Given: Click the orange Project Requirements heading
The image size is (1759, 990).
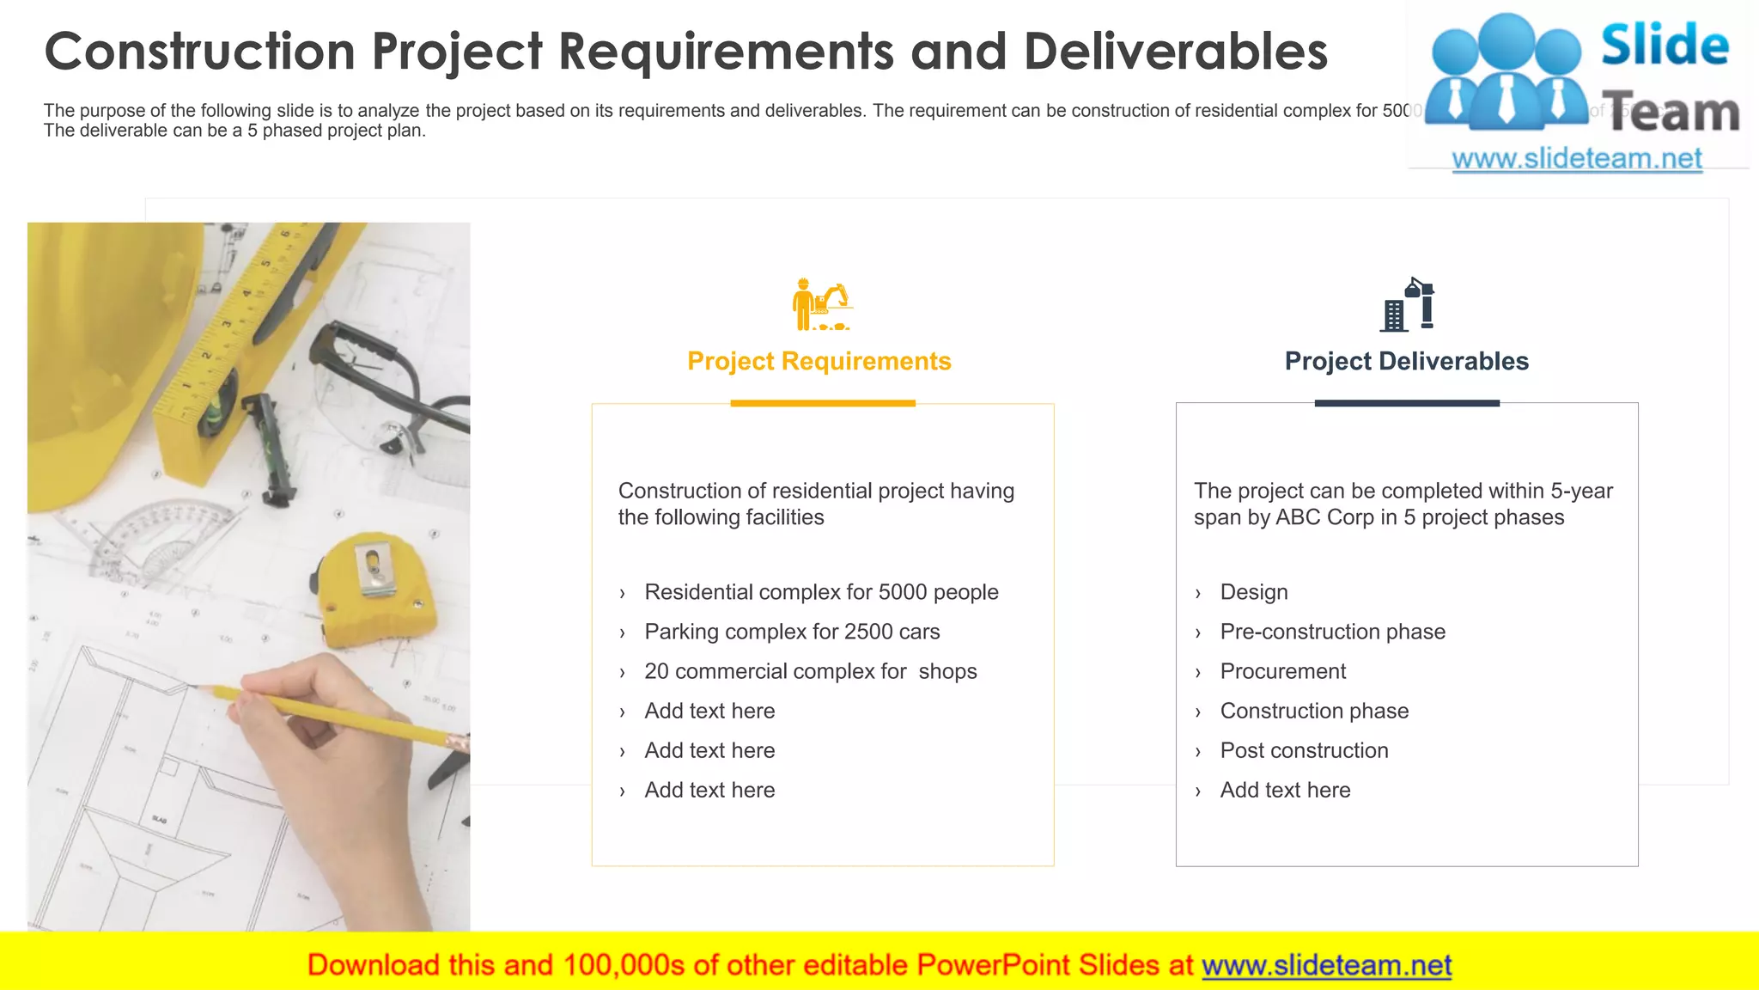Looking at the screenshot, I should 819,361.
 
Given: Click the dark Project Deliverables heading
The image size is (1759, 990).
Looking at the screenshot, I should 1406,361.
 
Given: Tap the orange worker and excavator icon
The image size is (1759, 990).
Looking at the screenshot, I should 820,304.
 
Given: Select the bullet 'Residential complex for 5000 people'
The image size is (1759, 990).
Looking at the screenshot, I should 821,592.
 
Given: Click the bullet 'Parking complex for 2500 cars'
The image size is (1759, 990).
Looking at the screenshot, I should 792,632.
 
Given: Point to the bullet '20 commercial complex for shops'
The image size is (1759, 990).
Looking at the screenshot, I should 810,671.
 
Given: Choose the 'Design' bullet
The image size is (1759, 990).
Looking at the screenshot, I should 1254,592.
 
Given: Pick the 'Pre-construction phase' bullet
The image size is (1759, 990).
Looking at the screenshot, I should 1332,632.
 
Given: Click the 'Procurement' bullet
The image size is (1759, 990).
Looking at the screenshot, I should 1283,671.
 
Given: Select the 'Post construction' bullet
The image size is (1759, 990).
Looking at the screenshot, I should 1304,750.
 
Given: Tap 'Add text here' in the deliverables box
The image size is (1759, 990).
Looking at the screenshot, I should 1285,790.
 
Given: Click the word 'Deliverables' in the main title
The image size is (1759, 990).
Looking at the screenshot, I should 1175,52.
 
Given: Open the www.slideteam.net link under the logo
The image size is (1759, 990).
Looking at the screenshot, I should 1577,159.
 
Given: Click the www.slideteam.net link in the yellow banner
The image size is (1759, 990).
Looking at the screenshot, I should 1326,965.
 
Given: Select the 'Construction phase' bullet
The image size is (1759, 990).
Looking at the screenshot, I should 1314,711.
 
